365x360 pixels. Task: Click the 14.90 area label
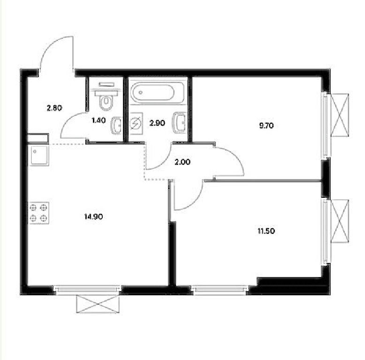click(93, 217)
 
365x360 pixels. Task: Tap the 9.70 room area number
click(266, 126)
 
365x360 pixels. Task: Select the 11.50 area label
click(266, 231)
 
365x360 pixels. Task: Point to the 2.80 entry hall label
click(54, 108)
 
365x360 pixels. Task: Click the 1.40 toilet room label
click(99, 120)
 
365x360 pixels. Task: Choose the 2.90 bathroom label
click(157, 123)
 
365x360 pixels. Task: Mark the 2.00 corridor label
click(182, 162)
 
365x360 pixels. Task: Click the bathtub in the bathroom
click(158, 92)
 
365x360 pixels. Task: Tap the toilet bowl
click(106, 97)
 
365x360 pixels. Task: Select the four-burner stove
click(38, 213)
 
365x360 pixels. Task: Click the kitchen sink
click(38, 155)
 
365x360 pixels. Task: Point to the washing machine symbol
click(136, 123)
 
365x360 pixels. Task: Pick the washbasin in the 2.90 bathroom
click(179, 122)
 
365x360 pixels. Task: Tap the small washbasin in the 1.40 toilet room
click(116, 125)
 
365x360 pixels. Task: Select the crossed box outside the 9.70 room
click(340, 115)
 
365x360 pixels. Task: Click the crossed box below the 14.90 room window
click(98, 304)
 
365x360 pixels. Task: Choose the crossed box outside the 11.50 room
click(340, 221)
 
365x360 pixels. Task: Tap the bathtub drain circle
click(141, 92)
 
